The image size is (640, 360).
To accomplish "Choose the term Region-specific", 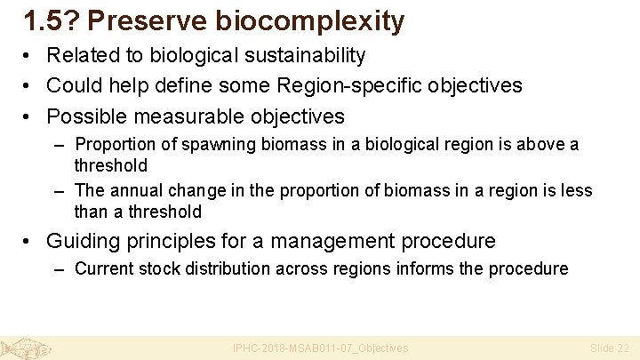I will (x=340, y=86).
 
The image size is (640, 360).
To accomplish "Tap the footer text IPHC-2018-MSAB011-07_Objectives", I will (x=320, y=348).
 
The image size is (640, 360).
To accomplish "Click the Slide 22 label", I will (x=609, y=348).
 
